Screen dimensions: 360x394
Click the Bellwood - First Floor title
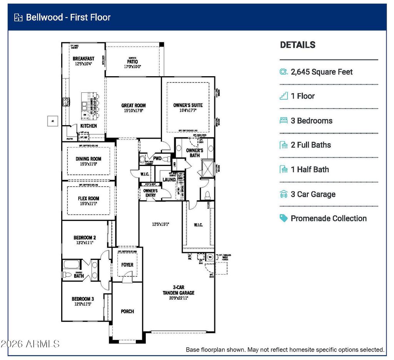[x=68, y=17]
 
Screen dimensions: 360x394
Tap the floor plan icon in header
[x=18, y=17]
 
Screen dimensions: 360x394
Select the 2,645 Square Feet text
[x=322, y=72]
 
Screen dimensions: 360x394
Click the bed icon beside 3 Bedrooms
[x=284, y=121]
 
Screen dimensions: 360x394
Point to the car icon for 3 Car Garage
[x=284, y=194]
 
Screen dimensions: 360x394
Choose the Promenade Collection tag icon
[x=284, y=218]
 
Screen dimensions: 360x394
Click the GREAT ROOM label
[x=134, y=105]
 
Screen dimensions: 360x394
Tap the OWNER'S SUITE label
[x=188, y=105]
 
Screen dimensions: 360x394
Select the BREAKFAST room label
[x=83, y=59]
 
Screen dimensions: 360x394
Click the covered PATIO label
[x=132, y=62]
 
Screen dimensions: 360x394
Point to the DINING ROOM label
[x=88, y=159]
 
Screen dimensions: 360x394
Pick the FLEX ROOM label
[x=88, y=199]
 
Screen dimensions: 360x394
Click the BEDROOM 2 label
[x=85, y=238]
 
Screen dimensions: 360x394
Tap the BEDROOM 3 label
[x=83, y=299]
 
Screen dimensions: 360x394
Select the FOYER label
[x=127, y=265]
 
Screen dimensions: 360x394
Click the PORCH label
[x=127, y=311]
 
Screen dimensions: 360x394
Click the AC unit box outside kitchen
[x=52, y=121]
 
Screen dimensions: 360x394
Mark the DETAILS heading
[x=297, y=45]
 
